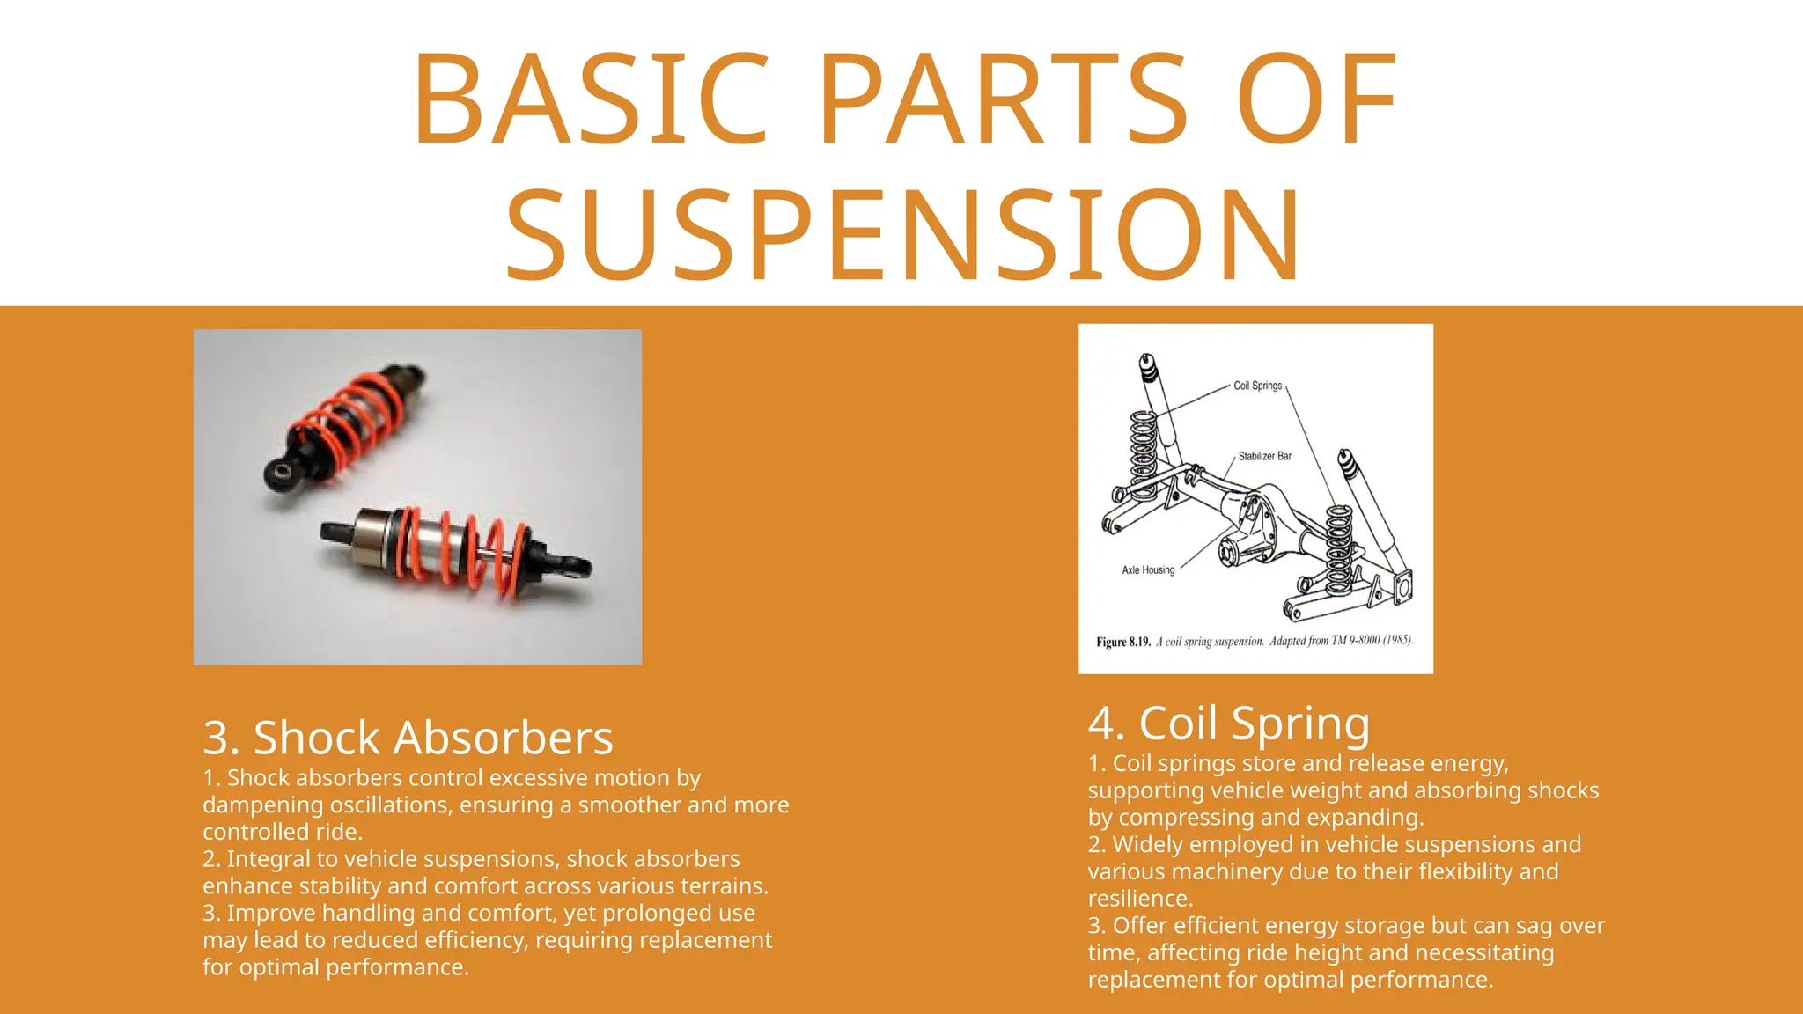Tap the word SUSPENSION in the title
tap(902, 236)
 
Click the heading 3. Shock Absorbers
tap(408, 738)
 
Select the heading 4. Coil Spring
tap(1229, 724)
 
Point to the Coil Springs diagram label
tap(1257, 386)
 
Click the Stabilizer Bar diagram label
tap(1264, 456)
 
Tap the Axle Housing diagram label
tap(1148, 569)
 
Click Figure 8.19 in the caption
tap(1123, 642)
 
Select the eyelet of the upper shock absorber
tap(283, 473)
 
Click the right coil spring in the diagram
tap(1340, 547)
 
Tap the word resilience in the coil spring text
tap(1139, 899)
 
